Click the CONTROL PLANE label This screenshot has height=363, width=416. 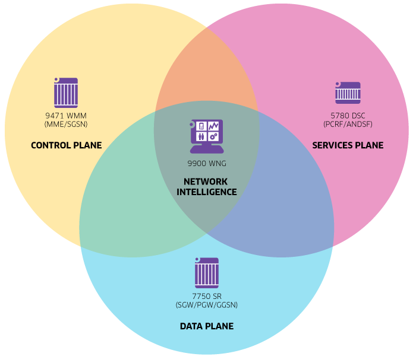tap(66, 145)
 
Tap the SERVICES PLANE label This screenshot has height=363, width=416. tap(348, 145)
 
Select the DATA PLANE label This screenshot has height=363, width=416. tap(206, 326)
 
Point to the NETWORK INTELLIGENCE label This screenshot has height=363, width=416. tap(206, 187)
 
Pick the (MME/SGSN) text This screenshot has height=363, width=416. tap(66, 125)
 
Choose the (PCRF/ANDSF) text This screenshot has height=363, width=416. tap(348, 125)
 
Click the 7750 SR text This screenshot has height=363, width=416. tap(206, 297)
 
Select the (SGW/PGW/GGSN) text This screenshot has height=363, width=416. tap(206, 305)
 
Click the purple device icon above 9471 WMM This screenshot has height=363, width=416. tap(65, 92)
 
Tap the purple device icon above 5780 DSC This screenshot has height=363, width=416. tap(348, 93)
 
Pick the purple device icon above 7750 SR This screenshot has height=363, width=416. tap(206, 273)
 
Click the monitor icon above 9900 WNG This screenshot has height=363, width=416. tap(206, 135)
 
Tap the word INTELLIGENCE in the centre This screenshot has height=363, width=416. tap(206, 192)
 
